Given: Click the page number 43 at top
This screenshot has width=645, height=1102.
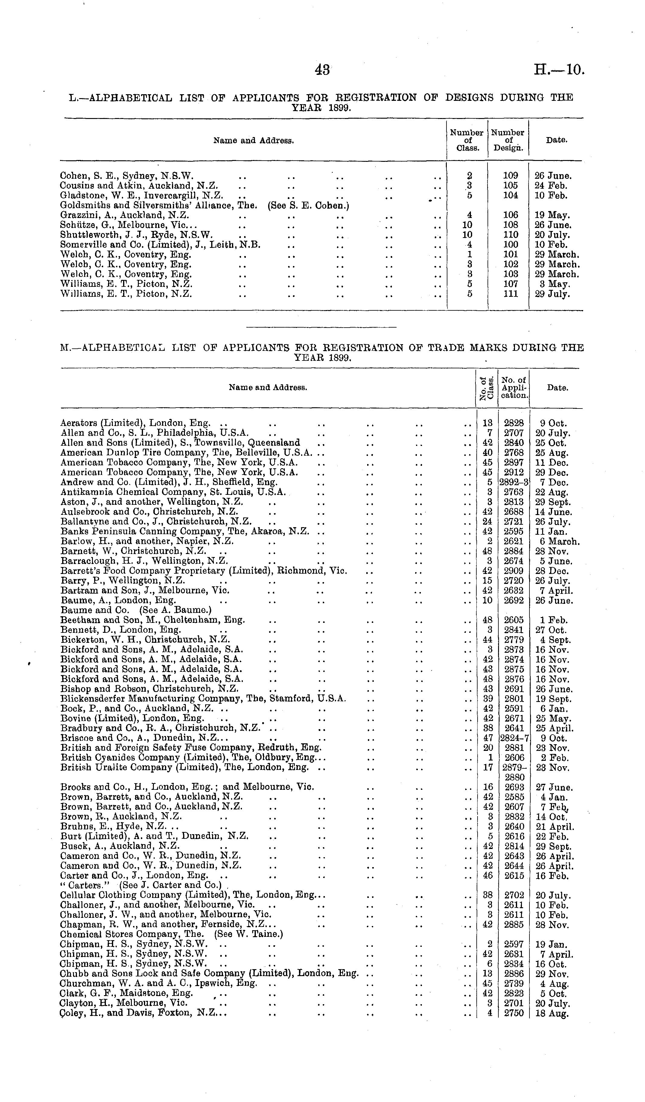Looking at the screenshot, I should pos(322,70).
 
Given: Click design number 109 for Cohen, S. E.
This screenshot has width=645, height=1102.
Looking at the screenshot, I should pos(510,176).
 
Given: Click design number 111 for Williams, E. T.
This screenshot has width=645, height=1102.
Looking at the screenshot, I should pos(510,294).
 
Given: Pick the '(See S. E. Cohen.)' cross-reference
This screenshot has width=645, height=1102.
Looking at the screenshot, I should pos(308,205).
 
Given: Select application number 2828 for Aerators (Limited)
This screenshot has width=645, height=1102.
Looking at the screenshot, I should pos(513,423).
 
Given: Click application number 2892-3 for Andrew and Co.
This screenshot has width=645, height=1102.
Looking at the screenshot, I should pos(514,482).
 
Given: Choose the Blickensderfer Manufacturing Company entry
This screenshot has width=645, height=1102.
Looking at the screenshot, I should pos(203,699).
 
